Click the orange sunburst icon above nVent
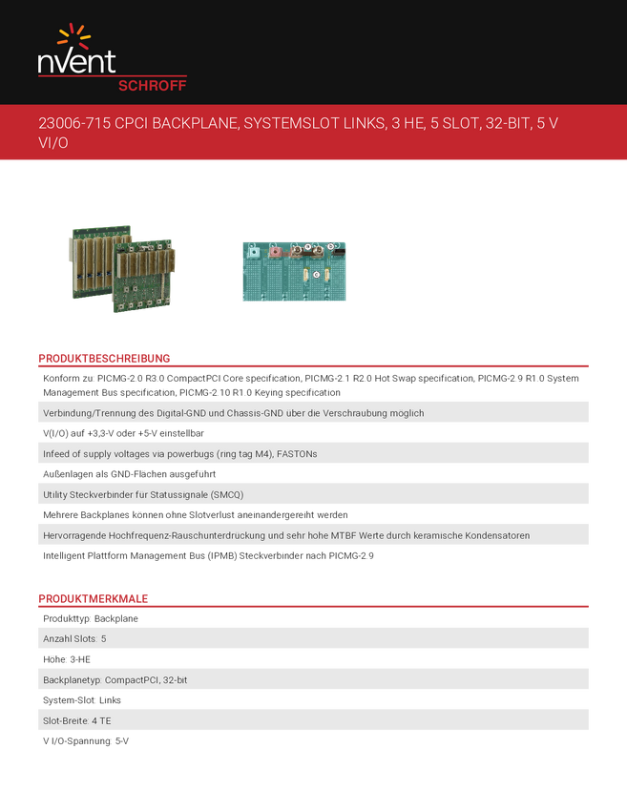(74, 37)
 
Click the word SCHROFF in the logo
(152, 85)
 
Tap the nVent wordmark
(76, 63)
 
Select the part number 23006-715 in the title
(73, 124)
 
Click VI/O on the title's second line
(53, 142)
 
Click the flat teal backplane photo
(294, 271)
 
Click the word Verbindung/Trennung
(91, 413)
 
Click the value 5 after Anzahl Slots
(103, 637)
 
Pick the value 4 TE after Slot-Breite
(100, 720)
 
